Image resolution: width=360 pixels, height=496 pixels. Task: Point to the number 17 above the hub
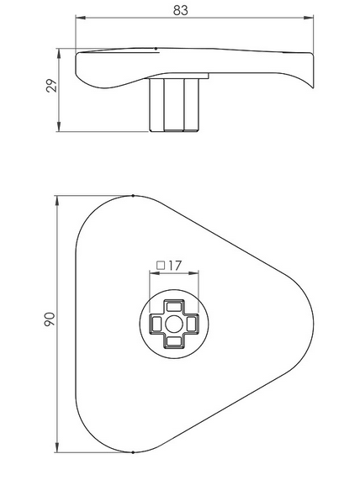(174, 266)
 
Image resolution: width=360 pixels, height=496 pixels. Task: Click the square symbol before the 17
(160, 266)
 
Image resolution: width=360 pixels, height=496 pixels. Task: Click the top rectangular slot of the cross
(172, 305)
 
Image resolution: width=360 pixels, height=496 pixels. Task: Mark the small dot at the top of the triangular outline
(135, 196)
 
